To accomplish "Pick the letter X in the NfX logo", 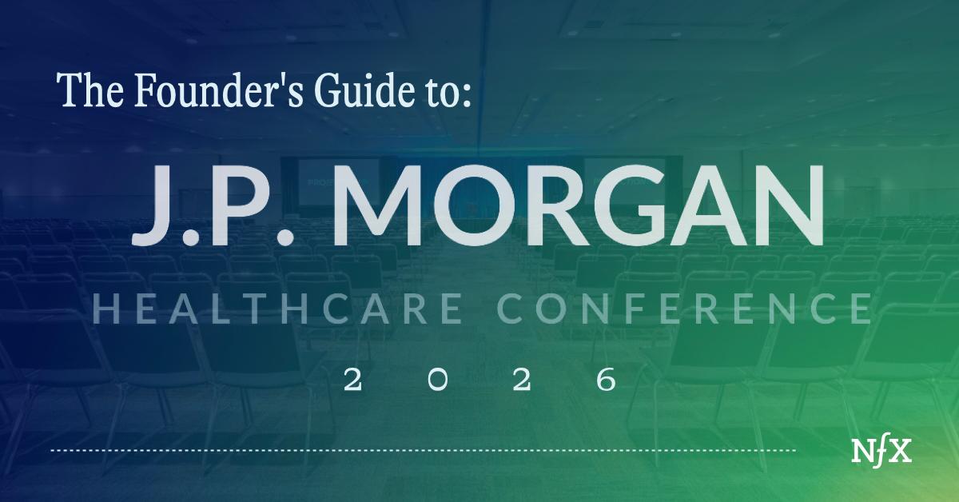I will click(900, 452).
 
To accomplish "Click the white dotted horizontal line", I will click(424, 452).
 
